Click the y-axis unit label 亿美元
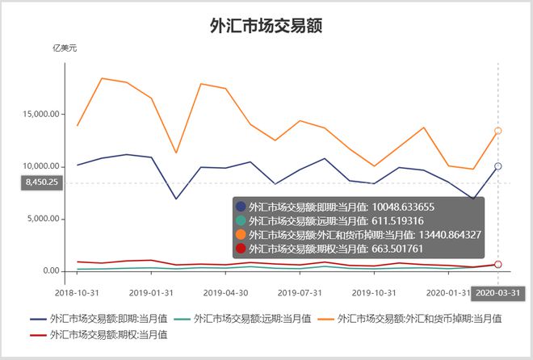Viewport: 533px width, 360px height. (64, 48)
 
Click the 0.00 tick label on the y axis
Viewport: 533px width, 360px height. (48, 271)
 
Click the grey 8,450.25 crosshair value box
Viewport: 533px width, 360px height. (42, 182)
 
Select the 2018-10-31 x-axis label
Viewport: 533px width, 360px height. (77, 291)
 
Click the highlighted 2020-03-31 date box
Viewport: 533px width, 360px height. (497, 292)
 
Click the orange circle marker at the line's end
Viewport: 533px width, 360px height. (497, 131)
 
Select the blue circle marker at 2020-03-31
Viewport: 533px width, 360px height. (497, 166)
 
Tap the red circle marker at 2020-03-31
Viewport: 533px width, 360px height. (497, 265)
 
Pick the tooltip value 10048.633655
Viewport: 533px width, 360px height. (403, 207)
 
